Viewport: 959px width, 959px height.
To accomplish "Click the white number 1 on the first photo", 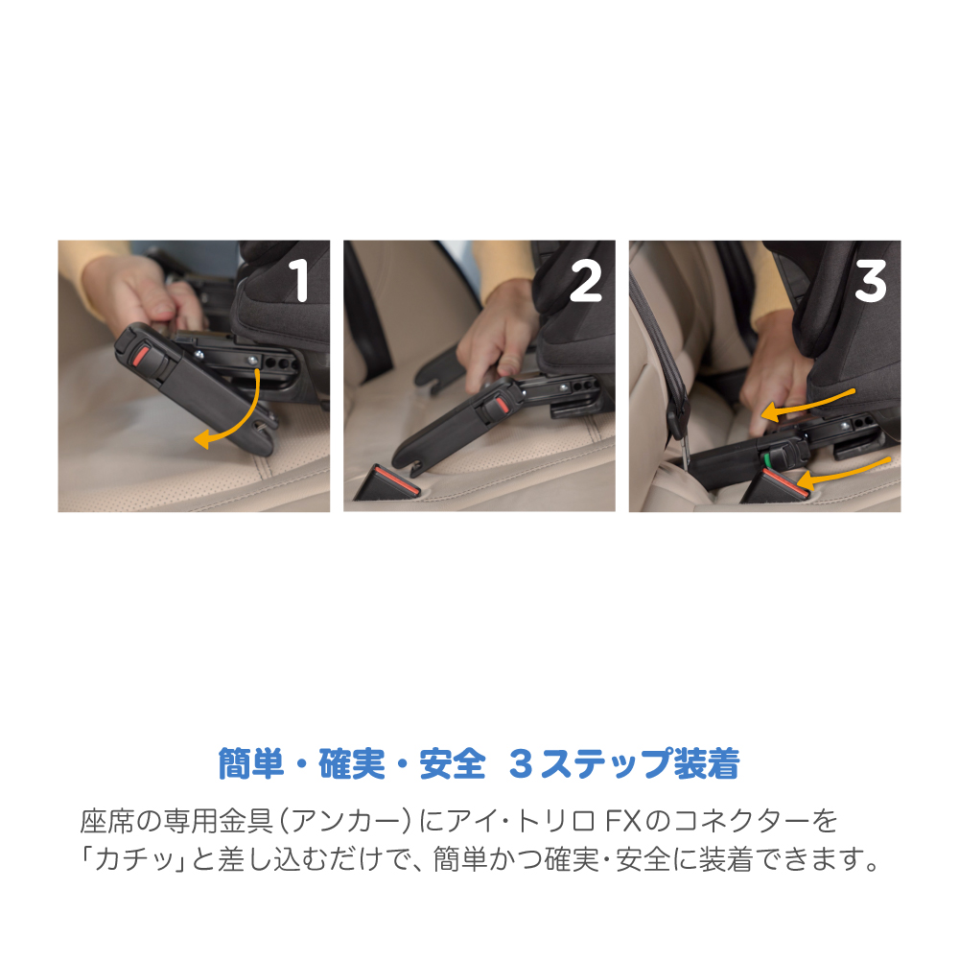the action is click(x=299, y=280).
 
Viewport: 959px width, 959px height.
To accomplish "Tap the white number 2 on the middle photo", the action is click(x=585, y=280).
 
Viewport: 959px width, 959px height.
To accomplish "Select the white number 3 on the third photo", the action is click(x=871, y=281).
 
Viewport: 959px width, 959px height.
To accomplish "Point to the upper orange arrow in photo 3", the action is click(x=807, y=404).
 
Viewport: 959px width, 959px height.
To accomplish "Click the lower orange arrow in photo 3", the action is click(x=844, y=471).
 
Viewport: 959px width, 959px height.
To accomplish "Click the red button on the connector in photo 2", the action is click(x=502, y=405).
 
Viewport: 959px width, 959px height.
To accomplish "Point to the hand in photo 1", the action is click(x=144, y=291).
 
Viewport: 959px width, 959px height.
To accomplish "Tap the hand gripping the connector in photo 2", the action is click(x=496, y=339).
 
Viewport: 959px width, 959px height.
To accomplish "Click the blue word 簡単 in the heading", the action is click(x=250, y=763).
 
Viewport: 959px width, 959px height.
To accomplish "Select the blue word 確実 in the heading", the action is click(x=352, y=763).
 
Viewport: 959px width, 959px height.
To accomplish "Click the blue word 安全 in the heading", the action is click(x=453, y=763).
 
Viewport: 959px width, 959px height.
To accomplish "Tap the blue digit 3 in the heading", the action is click(x=521, y=764).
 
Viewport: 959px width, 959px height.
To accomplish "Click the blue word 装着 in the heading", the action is click(x=707, y=763).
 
